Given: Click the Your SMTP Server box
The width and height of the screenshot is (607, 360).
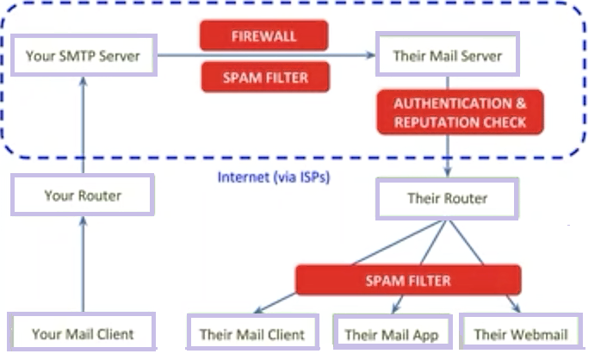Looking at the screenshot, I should click(x=83, y=58).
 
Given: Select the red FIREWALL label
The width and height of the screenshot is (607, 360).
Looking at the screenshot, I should click(x=264, y=35).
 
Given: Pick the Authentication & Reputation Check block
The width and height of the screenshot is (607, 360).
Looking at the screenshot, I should click(x=460, y=113).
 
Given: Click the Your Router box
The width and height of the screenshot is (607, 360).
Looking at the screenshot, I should click(x=83, y=196).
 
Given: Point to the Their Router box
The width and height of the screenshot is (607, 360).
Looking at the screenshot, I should click(x=447, y=199).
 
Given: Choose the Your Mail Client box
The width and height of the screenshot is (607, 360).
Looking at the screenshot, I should click(x=83, y=333).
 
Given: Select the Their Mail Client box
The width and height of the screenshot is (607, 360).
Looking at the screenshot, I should click(x=252, y=333).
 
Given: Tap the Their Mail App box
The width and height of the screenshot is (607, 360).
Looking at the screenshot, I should click(x=392, y=333).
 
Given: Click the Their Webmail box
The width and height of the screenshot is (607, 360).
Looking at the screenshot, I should click(x=520, y=333).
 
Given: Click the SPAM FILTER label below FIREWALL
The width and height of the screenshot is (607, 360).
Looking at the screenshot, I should click(x=264, y=78).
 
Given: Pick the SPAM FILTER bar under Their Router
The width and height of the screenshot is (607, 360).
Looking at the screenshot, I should click(x=407, y=281).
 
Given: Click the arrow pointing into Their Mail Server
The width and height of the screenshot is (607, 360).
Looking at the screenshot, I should click(x=344, y=57).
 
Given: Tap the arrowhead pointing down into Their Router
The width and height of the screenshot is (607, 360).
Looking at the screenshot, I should click(x=447, y=174).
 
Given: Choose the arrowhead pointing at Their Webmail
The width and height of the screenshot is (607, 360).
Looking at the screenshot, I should click(x=516, y=308).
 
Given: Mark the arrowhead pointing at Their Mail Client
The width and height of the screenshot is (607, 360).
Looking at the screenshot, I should click(x=260, y=308).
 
